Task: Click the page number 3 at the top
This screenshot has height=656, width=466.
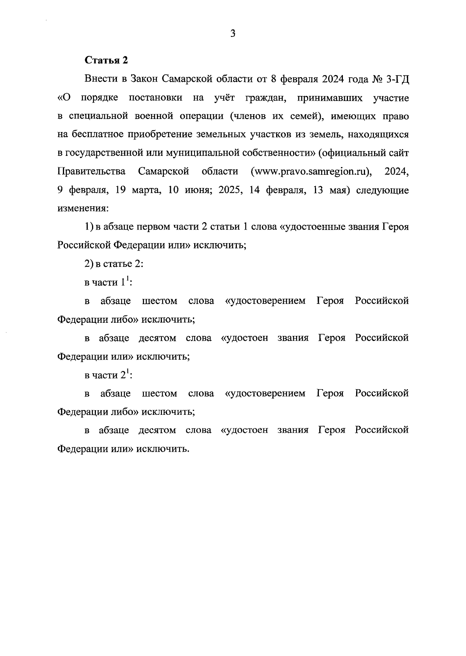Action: tap(233, 34)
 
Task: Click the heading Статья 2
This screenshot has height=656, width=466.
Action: tap(106, 61)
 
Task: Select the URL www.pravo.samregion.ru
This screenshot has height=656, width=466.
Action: tap(311, 172)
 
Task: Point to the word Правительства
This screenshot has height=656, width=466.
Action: tap(91, 172)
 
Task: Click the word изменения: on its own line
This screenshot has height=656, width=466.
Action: tap(83, 209)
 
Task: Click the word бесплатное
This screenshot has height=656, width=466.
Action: tap(96, 135)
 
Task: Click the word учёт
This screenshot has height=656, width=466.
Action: tap(224, 98)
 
